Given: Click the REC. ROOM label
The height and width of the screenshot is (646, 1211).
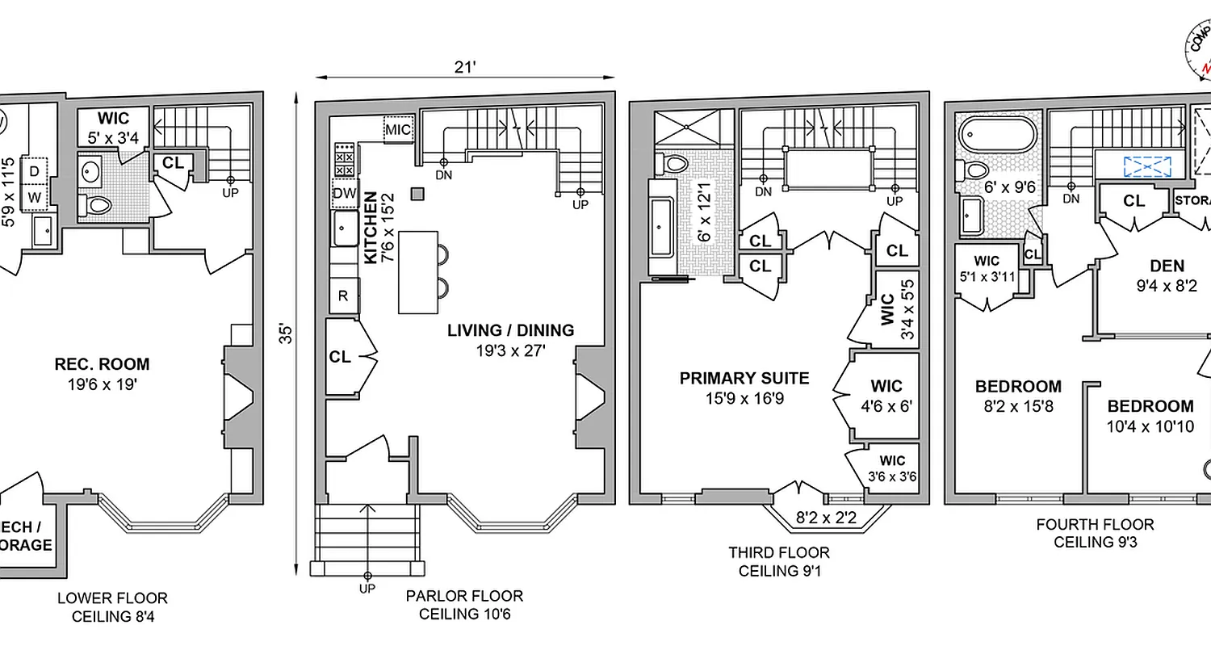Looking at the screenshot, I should pyautogui.click(x=102, y=364).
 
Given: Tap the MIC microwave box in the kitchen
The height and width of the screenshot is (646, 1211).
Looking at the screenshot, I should pyautogui.click(x=397, y=129).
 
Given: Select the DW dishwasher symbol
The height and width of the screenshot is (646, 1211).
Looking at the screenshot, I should pyautogui.click(x=343, y=193).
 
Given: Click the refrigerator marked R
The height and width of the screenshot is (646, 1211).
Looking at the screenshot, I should pyautogui.click(x=343, y=296).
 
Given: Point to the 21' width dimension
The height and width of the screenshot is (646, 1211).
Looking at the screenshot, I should pyautogui.click(x=464, y=68).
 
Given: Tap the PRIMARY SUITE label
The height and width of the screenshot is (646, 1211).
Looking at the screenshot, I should pyautogui.click(x=744, y=378).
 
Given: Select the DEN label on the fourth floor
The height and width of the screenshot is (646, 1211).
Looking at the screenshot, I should pyautogui.click(x=1167, y=266).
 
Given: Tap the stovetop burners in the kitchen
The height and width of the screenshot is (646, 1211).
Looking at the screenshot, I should pyautogui.click(x=344, y=159).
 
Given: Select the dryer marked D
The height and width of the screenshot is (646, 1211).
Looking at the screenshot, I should pyautogui.click(x=35, y=171).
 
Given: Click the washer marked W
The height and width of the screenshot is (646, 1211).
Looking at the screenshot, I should pyautogui.click(x=35, y=196).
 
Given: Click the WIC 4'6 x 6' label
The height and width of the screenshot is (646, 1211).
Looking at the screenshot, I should pyautogui.click(x=886, y=396).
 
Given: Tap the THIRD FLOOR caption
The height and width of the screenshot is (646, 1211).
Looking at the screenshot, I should pyautogui.click(x=778, y=553).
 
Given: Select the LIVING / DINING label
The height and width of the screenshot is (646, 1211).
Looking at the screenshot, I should pyautogui.click(x=511, y=330).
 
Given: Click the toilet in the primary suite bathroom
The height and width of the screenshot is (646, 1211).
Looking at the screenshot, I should pyautogui.click(x=673, y=162).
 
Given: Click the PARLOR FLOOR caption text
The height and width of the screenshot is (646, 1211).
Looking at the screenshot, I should pyautogui.click(x=464, y=596).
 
